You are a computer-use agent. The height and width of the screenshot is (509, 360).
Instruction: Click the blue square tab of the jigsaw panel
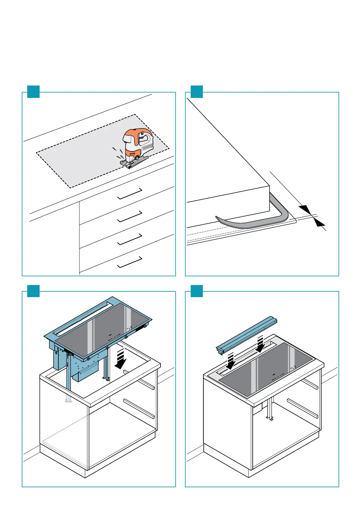coord(33,92)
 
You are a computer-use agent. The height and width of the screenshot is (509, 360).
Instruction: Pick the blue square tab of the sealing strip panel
coord(196,92)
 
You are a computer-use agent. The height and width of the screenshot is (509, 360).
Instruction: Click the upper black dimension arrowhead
coord(305,209)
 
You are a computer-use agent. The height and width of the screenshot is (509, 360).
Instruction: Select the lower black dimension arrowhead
coord(319,223)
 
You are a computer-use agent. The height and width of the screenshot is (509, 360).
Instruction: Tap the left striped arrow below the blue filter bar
coord(230,361)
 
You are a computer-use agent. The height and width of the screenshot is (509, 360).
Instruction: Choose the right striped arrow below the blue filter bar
coord(260,345)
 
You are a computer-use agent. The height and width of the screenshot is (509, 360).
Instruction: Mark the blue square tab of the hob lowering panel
coord(33,291)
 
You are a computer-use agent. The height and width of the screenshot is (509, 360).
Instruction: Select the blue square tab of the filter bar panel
coord(196,291)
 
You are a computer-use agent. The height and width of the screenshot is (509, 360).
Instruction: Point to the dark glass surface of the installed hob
coord(266,369)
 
